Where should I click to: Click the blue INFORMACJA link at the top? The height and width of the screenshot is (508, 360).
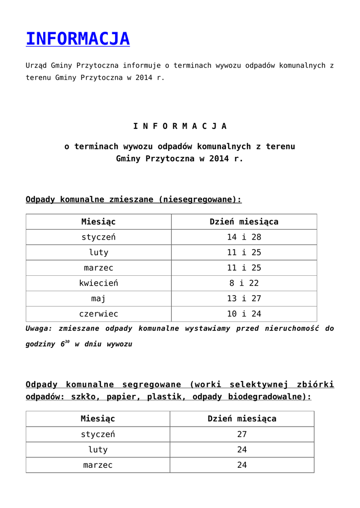[77, 39]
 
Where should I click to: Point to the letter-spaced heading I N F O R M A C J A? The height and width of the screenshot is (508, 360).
[180, 126]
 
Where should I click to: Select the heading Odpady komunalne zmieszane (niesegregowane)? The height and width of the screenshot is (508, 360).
[133, 199]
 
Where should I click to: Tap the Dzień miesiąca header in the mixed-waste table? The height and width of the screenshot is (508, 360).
[244, 222]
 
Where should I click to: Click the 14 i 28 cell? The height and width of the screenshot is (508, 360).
[244, 237]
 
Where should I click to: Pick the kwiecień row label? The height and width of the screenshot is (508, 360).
[98, 283]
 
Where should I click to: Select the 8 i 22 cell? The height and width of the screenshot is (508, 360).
[244, 283]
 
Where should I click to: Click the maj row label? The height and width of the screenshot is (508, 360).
[98, 299]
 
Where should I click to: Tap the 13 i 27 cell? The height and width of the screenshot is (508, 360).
[244, 299]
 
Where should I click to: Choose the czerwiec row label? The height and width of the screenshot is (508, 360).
[98, 314]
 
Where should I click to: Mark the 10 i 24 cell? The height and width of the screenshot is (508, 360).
[244, 314]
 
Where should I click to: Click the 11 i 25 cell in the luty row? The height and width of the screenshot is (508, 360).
[244, 253]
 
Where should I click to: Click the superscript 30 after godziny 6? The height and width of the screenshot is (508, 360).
[67, 341]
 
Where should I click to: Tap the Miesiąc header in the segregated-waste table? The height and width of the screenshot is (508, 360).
[98, 419]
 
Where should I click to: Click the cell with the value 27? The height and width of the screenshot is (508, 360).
[242, 434]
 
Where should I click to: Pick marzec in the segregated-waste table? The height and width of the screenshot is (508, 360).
[98, 465]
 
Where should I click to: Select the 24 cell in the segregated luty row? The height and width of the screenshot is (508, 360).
[242, 449]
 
